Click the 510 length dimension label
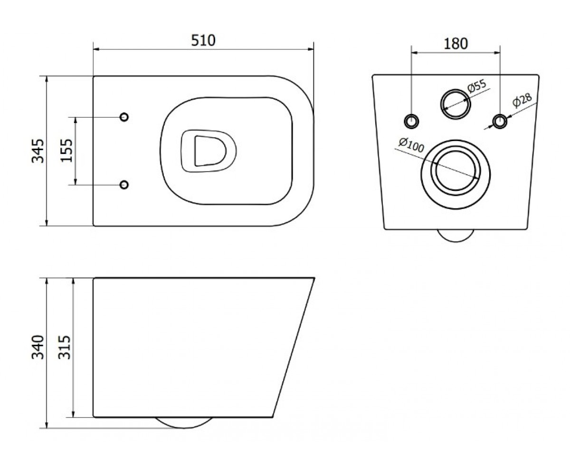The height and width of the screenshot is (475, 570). click(x=203, y=40)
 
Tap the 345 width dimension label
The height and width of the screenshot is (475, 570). click(x=38, y=151)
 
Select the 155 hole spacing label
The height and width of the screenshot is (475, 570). click(x=66, y=151)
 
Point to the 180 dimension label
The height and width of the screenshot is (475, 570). click(x=456, y=44)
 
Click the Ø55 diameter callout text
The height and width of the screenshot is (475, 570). click(x=476, y=86)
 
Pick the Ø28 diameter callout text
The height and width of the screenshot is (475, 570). click(x=522, y=100)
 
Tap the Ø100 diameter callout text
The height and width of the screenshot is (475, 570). click(x=411, y=145)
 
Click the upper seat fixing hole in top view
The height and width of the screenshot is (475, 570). click(x=124, y=117)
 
